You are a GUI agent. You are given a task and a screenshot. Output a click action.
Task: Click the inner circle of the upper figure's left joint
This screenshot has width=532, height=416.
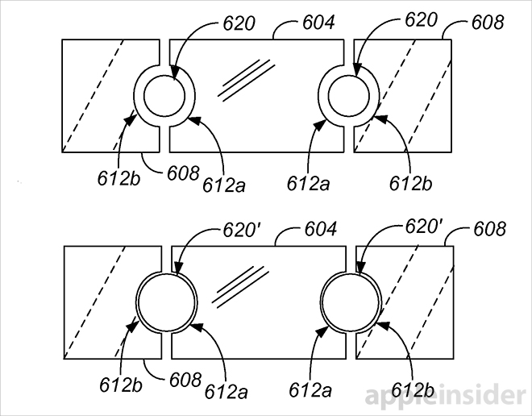coord(164,98)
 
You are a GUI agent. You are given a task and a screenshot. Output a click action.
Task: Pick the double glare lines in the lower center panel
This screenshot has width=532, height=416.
coord(242,285)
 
